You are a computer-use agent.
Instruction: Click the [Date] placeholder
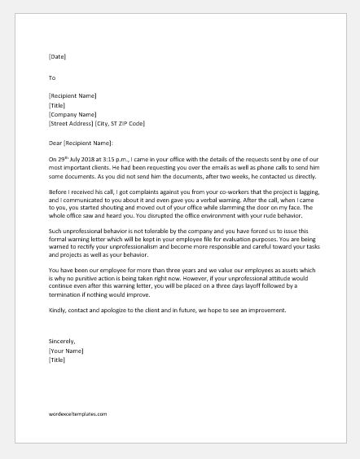(x=57, y=57)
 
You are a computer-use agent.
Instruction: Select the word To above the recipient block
(x=52, y=78)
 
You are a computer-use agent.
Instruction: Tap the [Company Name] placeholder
(x=73, y=115)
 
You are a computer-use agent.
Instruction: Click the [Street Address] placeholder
(x=75, y=124)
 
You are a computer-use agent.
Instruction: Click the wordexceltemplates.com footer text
(x=78, y=413)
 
